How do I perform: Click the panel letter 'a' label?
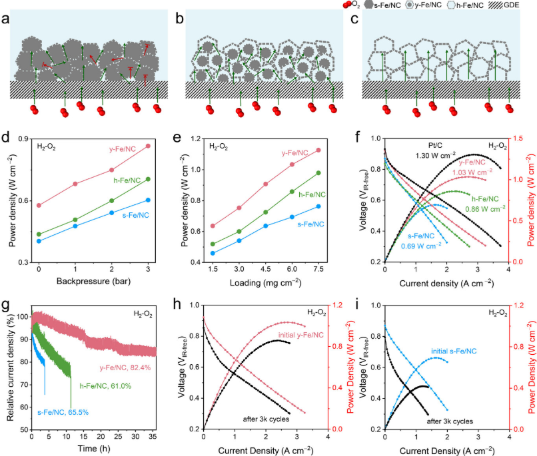coord(7,19)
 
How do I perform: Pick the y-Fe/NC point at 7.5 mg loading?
coord(318,150)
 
